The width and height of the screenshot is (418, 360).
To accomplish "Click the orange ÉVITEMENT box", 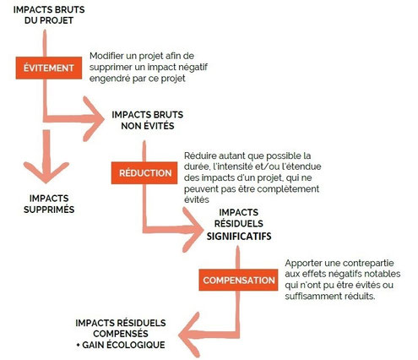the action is tap(49, 68).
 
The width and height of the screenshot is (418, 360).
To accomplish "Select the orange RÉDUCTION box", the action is tap(144, 173).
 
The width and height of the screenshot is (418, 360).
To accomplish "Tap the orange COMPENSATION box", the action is tap(238, 280).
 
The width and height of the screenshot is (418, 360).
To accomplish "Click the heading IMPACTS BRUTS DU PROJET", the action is tap(49, 15).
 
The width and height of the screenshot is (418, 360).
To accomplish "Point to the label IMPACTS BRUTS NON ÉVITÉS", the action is tap(148, 120).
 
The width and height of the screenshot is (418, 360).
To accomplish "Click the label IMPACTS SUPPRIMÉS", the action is tap(49, 204).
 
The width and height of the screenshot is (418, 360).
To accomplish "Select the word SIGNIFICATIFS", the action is tap(239, 236).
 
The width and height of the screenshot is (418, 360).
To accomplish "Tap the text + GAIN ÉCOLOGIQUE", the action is tap(121, 345).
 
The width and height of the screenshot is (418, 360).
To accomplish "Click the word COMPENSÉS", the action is tap(121, 334).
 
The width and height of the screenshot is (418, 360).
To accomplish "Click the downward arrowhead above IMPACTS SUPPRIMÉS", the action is tap(46, 172).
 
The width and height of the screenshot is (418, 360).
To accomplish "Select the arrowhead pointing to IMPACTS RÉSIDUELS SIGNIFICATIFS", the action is tap(193, 230).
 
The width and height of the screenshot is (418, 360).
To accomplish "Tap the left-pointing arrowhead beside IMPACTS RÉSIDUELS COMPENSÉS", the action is tap(189, 335).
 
